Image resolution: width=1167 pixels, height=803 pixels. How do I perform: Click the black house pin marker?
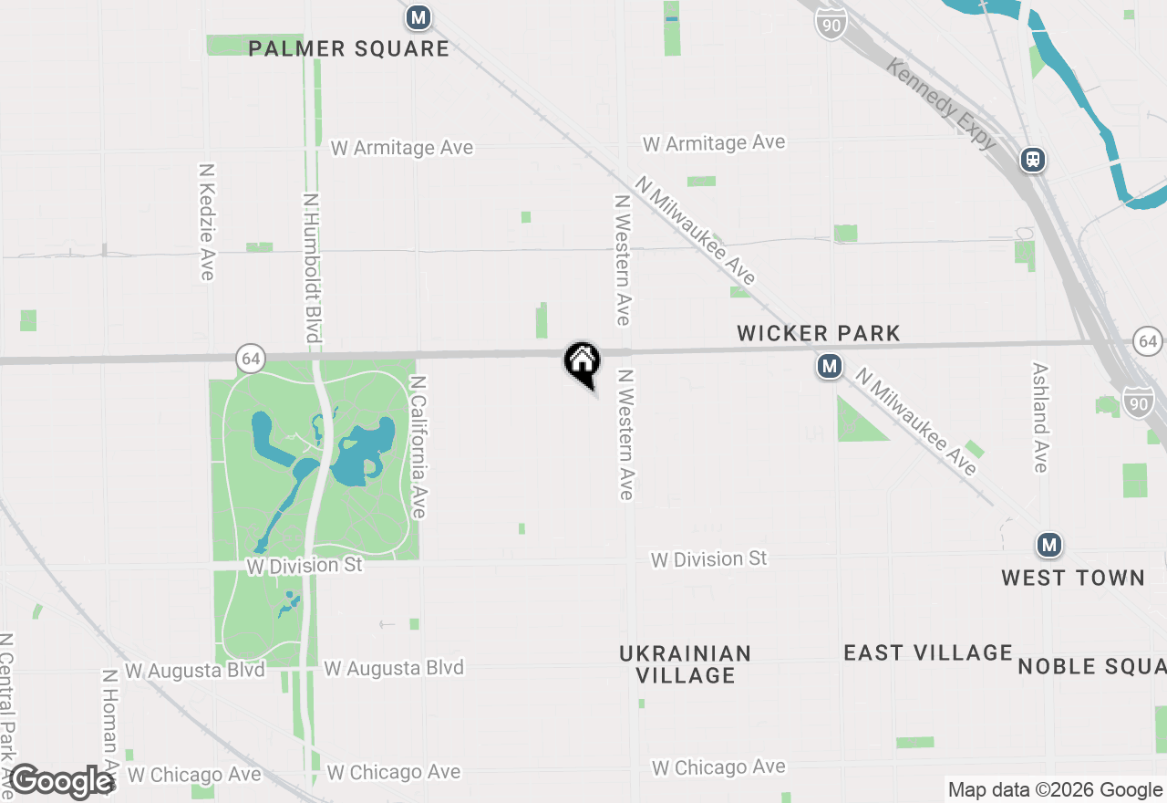582,361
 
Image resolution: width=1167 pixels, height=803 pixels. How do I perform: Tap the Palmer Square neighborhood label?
349,48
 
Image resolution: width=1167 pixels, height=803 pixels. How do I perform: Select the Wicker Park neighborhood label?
819,334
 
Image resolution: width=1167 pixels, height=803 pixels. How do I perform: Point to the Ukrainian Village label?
686,664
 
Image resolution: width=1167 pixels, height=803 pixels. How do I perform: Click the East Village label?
928,652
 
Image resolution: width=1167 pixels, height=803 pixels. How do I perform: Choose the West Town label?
1073,578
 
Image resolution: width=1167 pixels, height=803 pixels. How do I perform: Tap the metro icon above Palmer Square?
418,17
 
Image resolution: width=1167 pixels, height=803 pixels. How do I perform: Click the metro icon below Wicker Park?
829,367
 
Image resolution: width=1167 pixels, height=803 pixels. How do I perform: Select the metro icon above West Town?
1049,546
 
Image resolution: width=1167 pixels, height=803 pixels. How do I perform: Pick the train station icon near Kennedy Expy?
1032,160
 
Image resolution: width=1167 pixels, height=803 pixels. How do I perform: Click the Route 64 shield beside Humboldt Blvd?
251,359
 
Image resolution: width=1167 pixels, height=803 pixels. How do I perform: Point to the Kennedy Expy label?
942,105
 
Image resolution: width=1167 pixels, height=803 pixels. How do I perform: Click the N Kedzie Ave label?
207,222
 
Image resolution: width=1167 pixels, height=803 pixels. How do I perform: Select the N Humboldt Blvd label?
312,267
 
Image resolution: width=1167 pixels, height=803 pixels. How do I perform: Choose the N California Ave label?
418,447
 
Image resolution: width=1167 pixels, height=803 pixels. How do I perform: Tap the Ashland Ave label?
1040,417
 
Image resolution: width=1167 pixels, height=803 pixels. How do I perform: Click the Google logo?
62,781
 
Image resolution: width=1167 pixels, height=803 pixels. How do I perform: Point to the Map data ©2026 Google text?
1055,790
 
